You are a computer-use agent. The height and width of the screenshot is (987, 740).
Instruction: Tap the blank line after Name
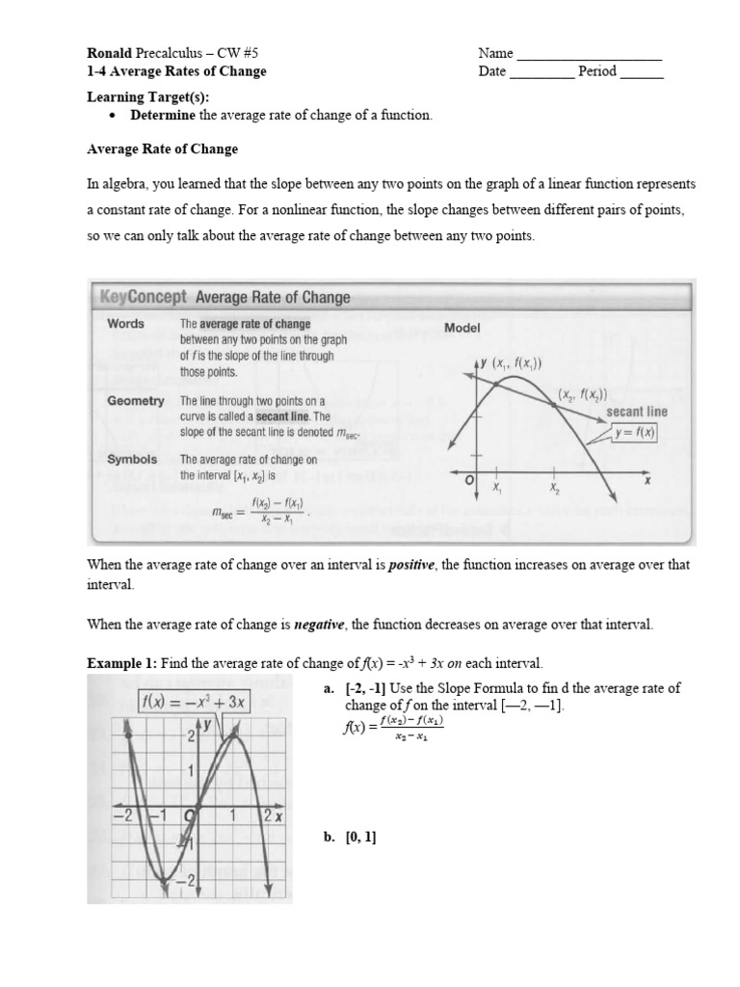590,56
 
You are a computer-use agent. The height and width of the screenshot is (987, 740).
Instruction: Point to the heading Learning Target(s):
147,97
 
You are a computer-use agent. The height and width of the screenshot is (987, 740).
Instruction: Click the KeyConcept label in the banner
144,298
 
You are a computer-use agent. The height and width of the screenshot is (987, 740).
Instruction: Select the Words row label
125,324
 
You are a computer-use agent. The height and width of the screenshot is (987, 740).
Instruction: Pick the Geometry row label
136,401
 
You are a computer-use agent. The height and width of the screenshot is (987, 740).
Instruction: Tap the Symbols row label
132,460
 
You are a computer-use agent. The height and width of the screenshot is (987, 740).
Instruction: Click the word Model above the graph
462,328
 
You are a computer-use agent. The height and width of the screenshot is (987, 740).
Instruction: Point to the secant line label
636,412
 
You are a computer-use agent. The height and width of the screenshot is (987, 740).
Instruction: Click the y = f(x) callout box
634,433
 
